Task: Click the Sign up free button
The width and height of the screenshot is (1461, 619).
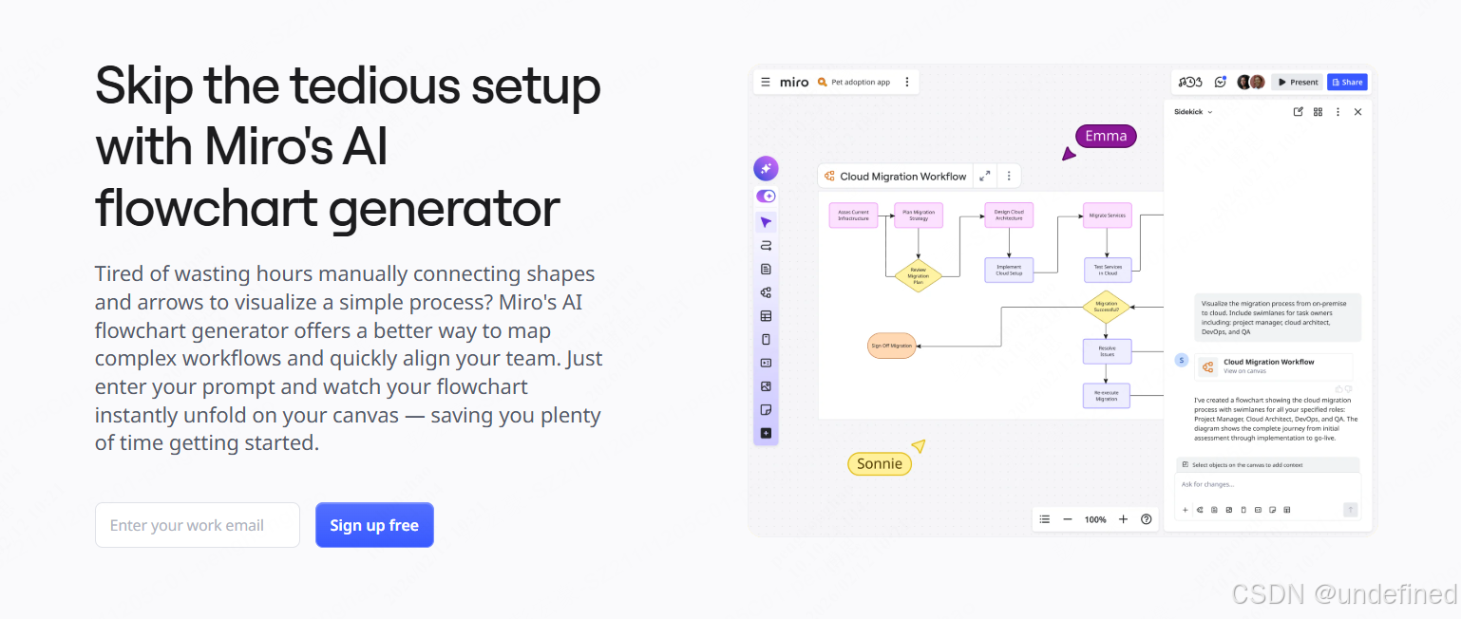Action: [374, 525]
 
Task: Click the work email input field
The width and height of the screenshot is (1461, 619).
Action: [198, 525]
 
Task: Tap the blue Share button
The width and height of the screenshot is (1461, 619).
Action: [1347, 82]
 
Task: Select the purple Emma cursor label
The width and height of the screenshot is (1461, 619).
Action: [1106, 136]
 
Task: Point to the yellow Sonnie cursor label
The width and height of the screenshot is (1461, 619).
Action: [880, 463]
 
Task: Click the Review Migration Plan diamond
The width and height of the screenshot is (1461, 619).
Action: [918, 275]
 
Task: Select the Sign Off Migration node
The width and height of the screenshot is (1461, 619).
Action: [891, 346]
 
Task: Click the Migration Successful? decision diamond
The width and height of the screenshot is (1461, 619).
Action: [1107, 307]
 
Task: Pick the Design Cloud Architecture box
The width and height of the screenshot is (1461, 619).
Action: [1009, 216]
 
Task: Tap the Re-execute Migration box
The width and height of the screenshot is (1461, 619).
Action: [1107, 396]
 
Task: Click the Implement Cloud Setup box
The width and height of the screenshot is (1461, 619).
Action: [1009, 270]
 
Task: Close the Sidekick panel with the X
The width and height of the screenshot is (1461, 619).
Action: [1357, 112]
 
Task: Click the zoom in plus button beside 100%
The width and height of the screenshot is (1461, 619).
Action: [1123, 519]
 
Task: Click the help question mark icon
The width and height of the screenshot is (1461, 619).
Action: [1147, 519]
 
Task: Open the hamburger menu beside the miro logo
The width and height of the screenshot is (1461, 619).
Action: [766, 82]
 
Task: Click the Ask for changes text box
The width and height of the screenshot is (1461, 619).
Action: [1267, 485]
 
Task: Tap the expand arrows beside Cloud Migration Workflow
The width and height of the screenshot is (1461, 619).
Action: [985, 176]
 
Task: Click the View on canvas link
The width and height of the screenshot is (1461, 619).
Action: [1244, 371]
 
